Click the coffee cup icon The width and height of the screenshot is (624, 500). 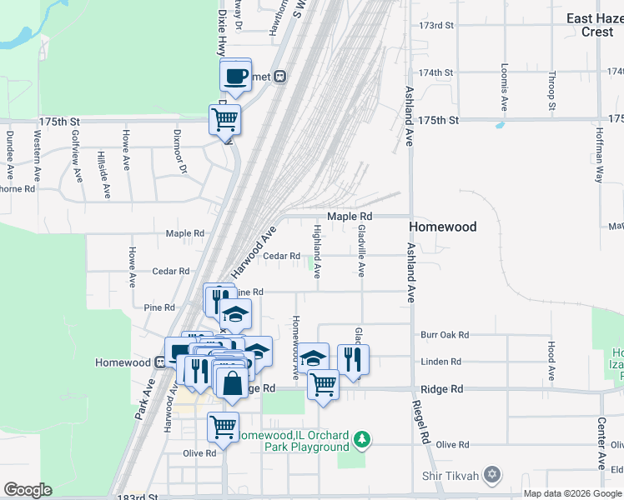(x=235, y=76)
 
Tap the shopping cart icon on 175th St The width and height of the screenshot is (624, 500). (x=225, y=120)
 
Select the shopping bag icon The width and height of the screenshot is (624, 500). (x=233, y=383)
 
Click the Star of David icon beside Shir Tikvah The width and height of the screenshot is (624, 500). (x=492, y=475)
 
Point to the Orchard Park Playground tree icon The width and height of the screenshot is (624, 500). (x=361, y=438)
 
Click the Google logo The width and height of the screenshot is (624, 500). (x=28, y=489)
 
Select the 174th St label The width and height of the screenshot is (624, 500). (x=436, y=72)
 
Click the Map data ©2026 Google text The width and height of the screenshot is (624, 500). (x=572, y=492)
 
